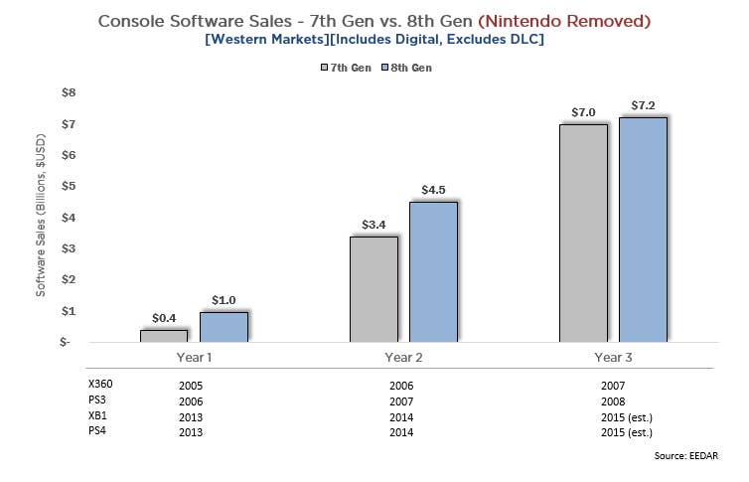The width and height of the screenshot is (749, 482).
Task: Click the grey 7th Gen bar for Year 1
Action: tap(163, 336)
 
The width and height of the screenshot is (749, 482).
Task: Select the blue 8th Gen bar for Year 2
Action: tap(433, 271)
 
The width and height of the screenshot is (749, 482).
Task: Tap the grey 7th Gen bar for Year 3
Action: tap(583, 233)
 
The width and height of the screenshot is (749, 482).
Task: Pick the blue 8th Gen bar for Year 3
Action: tap(643, 230)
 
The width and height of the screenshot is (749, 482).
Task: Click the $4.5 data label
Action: tap(433, 190)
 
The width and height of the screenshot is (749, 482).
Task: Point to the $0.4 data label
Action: tap(164, 318)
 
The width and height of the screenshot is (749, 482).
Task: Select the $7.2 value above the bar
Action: tap(644, 105)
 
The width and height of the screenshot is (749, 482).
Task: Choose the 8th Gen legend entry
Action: tap(404, 68)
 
